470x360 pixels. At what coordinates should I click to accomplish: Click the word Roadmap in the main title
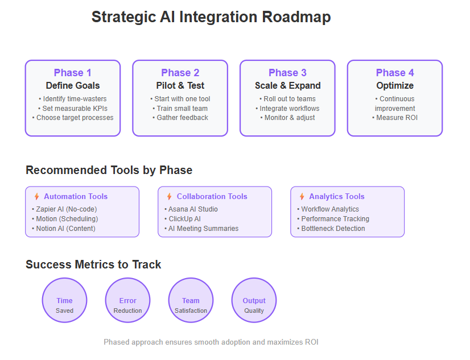[x=296, y=16]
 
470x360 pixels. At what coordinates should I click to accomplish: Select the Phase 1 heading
[x=72, y=73]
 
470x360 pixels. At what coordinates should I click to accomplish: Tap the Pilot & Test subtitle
[x=180, y=86]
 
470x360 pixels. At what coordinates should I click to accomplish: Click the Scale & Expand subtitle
[x=288, y=86]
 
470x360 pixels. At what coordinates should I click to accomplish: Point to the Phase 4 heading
[x=395, y=73]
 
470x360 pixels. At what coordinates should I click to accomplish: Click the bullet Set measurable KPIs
[x=73, y=109]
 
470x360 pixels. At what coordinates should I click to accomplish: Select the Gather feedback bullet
[x=180, y=118]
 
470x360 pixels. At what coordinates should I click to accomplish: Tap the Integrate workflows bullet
[x=287, y=109]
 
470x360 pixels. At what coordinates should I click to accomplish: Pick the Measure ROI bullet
[x=395, y=118]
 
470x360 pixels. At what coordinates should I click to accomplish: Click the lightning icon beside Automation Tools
[x=36, y=196]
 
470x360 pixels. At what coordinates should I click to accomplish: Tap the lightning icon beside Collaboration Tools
[x=170, y=196]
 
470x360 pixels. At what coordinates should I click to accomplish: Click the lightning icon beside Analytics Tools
[x=302, y=196]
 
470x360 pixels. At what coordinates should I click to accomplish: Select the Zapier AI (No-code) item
[x=64, y=209]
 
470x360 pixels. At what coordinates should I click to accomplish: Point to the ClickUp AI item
[x=183, y=219]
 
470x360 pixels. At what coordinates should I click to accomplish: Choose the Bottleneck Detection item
[x=331, y=229]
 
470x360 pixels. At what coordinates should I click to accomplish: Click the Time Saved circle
[x=64, y=300]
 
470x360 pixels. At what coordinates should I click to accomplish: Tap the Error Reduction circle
[x=127, y=300]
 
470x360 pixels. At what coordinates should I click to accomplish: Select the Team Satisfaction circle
[x=191, y=300]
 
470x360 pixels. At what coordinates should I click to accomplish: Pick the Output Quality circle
[x=254, y=300]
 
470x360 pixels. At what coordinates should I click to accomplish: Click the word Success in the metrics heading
[x=48, y=264]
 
